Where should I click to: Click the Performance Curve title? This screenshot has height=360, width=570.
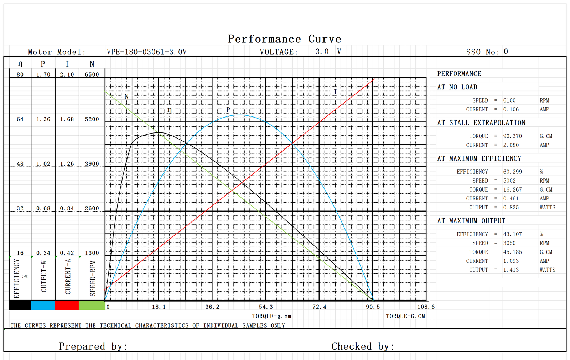[x=284, y=39]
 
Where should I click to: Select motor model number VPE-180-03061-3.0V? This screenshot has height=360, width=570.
[x=146, y=52]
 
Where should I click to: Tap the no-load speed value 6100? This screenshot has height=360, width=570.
[x=509, y=100]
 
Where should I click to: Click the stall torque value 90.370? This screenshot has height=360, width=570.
[x=512, y=136]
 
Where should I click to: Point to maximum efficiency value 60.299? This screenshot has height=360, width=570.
[x=512, y=172]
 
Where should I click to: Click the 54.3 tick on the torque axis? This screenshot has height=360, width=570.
[x=266, y=307]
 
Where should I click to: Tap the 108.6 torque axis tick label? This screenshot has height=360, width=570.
[x=426, y=307]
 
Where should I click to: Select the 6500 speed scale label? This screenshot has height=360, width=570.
[x=92, y=74]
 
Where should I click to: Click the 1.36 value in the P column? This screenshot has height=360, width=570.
[x=43, y=119]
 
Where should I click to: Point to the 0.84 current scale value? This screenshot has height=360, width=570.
[x=67, y=208]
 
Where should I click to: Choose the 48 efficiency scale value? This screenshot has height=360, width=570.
[x=20, y=164]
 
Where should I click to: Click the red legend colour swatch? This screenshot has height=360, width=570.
[x=67, y=305]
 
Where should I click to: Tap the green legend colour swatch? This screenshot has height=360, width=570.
[x=92, y=305]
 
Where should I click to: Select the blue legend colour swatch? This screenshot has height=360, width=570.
[x=43, y=305]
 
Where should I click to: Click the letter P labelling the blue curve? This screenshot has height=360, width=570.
[x=228, y=110]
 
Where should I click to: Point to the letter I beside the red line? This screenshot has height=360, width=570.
[x=335, y=92]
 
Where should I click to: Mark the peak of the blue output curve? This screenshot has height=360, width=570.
[x=240, y=115]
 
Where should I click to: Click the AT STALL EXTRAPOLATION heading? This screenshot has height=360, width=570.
[x=481, y=123]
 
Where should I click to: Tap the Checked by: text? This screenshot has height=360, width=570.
[x=362, y=346]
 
